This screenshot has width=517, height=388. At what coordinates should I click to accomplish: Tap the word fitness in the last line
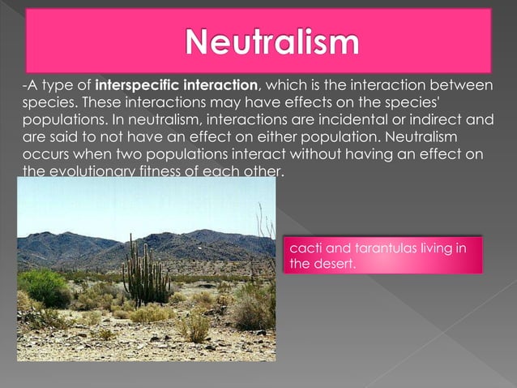click(x=163, y=171)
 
